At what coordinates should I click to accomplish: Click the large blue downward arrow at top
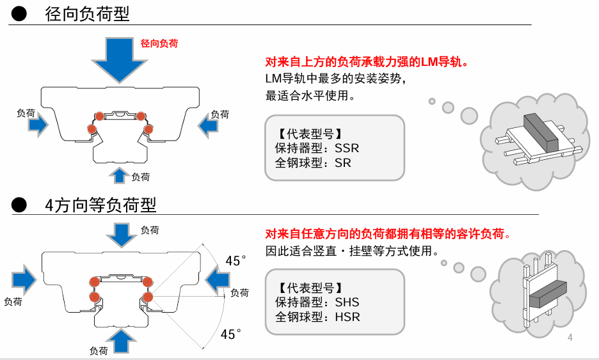(120, 58)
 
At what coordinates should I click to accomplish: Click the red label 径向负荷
(159, 43)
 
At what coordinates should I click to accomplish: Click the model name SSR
(347, 148)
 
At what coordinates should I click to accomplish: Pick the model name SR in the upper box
(343, 162)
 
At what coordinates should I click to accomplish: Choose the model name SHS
(347, 302)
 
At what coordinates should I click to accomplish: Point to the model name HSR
(347, 317)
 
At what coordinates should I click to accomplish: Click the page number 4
(570, 337)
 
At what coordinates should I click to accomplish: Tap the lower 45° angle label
(231, 334)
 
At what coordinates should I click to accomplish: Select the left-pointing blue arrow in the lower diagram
(218, 280)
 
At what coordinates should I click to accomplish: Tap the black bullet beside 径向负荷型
(20, 13)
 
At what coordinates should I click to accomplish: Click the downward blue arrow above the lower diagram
(121, 234)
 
